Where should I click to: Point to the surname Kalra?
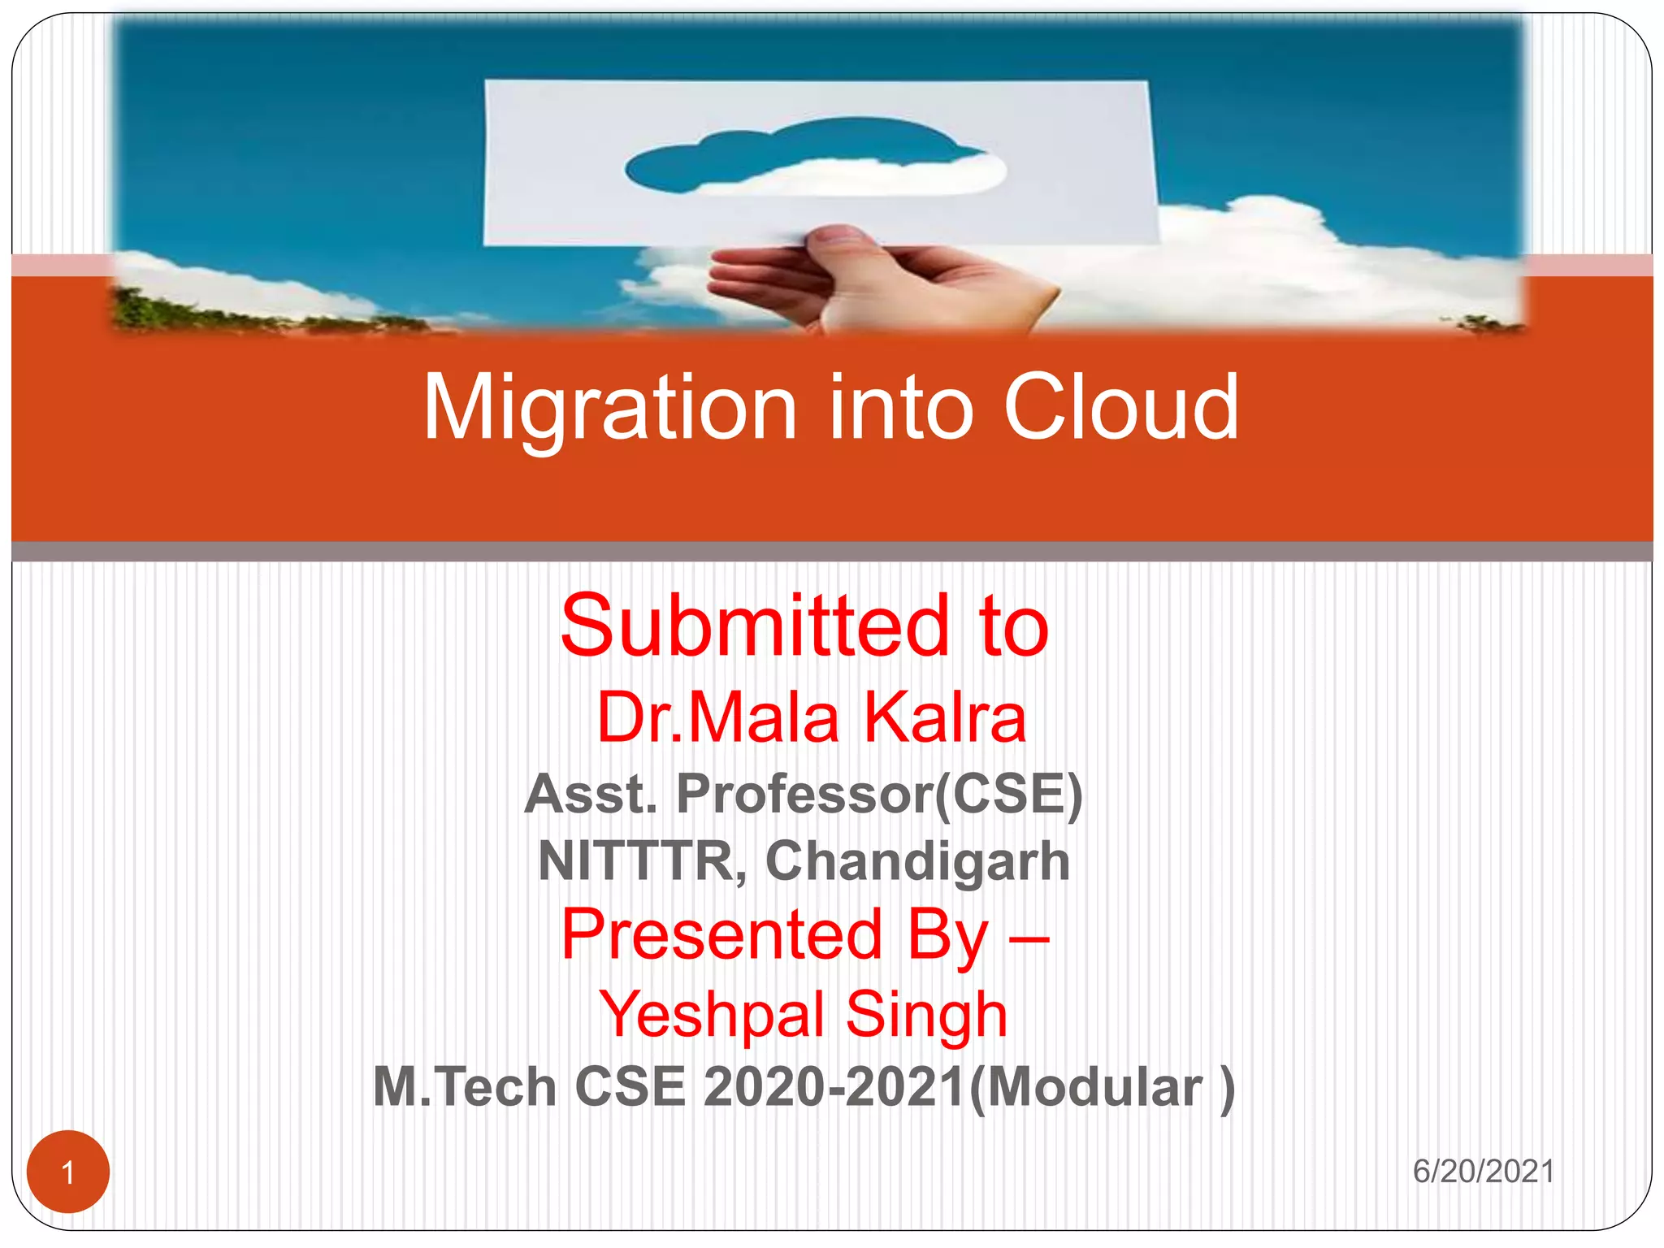tap(945, 717)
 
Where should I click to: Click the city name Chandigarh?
tap(917, 861)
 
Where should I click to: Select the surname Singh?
tap(926, 1014)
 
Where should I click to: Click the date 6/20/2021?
tap(1484, 1172)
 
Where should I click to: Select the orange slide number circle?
tap(68, 1172)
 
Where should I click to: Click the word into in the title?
tap(900, 409)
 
